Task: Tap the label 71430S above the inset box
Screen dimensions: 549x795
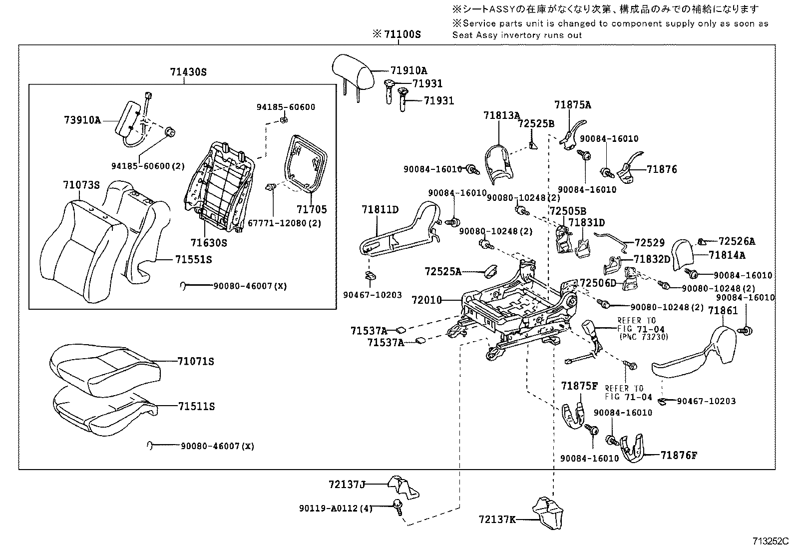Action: tap(188, 72)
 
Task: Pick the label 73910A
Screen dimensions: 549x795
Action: tap(82, 120)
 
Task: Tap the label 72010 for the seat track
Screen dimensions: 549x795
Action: tap(427, 300)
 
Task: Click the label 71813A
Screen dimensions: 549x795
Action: tap(501, 115)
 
